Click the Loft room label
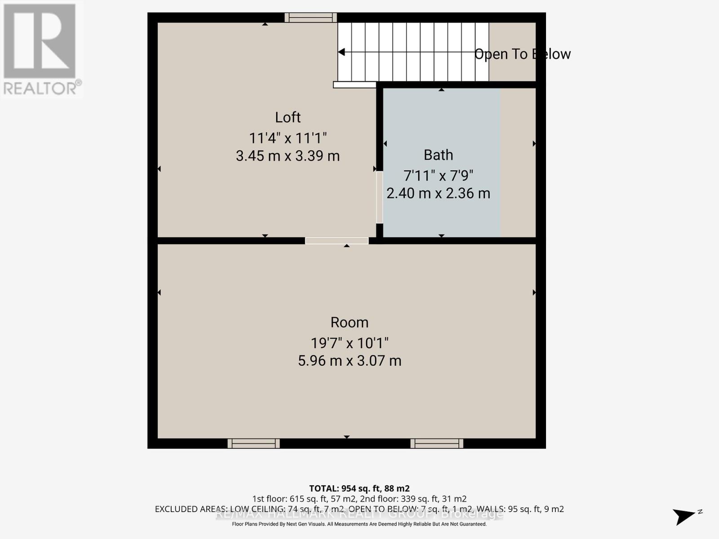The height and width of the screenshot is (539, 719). [288, 117]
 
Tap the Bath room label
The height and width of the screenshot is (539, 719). [438, 155]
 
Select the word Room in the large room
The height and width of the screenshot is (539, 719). [349, 323]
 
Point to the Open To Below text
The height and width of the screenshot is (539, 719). [522, 54]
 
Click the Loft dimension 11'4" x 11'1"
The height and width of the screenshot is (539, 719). [288, 137]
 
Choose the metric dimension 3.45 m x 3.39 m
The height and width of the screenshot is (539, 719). [288, 156]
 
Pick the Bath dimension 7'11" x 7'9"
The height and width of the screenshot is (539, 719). [438, 175]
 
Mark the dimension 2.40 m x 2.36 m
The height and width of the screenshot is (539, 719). [438, 193]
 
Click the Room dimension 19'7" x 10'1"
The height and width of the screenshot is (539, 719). [349, 343]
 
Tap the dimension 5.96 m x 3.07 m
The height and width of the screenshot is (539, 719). [349, 360]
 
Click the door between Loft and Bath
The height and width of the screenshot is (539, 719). [379, 197]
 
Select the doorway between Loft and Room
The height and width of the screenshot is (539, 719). [337, 241]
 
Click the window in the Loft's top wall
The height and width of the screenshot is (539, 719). [311, 18]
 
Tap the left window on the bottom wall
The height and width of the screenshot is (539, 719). [253, 443]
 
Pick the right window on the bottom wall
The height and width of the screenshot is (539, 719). [437, 443]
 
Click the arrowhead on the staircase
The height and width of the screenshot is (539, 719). [342, 52]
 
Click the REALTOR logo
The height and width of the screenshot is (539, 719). [40, 49]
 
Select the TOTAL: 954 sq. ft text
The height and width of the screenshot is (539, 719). [359, 488]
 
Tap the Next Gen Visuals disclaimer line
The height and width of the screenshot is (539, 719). [359, 524]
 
